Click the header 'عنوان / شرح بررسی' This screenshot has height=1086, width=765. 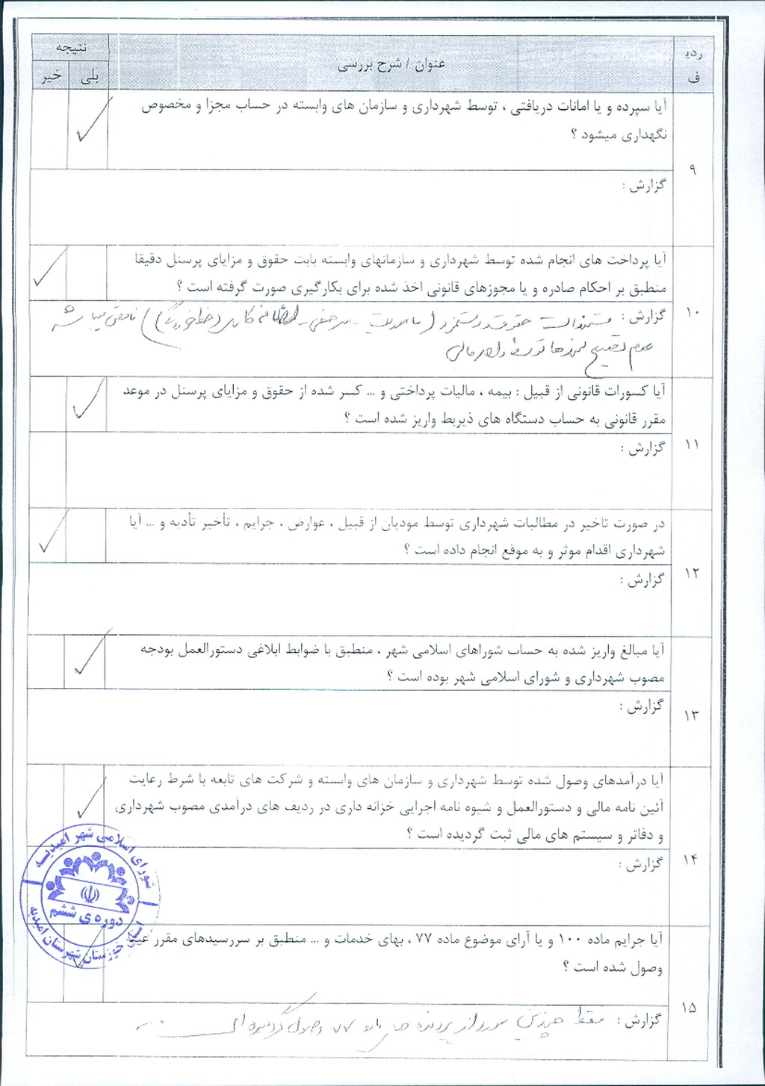391,65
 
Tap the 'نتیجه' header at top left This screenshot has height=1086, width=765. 72,46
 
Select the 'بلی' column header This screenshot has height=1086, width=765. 89,78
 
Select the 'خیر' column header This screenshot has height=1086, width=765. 50,78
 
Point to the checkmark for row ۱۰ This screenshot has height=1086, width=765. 50,273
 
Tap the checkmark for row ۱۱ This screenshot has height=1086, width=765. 87,401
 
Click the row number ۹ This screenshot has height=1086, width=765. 693,170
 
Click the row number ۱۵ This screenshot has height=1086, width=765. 690,1008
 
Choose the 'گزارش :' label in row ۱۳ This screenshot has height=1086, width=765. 642,706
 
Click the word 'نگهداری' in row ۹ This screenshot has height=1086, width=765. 643,135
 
